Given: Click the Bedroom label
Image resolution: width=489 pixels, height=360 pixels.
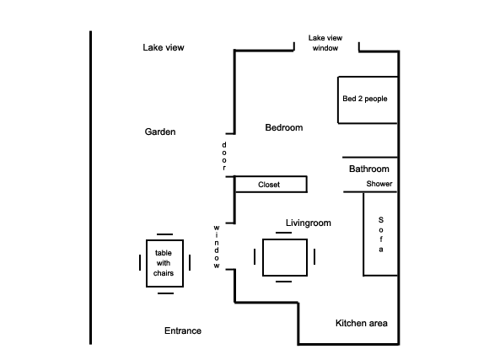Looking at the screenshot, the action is click(284, 127).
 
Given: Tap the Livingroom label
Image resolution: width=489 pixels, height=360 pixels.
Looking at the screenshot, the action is click(308, 223).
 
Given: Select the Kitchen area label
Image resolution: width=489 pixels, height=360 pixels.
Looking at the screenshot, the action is click(362, 323).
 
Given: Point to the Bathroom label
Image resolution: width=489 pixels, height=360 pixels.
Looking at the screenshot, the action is click(369, 169).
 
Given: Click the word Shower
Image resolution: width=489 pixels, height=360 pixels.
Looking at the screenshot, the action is click(379, 184).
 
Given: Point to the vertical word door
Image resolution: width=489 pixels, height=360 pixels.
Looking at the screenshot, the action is click(224, 156).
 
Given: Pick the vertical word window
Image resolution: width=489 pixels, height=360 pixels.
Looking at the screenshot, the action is click(217, 247).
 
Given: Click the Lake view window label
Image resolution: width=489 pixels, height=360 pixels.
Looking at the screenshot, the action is click(325, 43).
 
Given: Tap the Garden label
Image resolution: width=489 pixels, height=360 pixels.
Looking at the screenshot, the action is click(160, 132).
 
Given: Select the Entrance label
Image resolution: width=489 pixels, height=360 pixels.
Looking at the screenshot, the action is click(183, 330).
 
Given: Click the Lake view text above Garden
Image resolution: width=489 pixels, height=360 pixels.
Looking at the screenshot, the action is click(164, 47).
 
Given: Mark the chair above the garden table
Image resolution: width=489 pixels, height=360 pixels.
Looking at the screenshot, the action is click(164, 234).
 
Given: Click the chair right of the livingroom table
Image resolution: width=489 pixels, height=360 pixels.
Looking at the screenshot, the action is click(314, 257).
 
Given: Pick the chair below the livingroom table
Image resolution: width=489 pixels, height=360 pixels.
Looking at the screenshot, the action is click(284, 282).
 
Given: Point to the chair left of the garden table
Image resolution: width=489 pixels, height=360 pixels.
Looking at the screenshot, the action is click(140, 263).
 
